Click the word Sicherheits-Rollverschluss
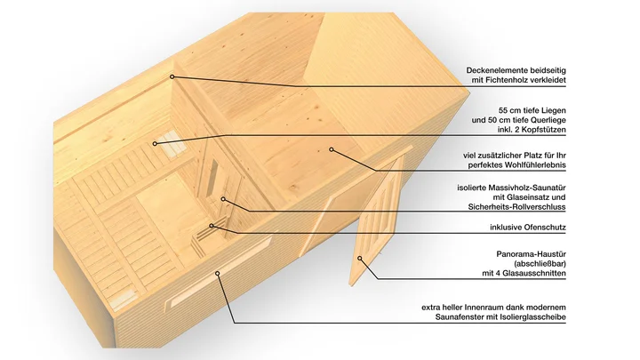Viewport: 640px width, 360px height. tap(516, 207)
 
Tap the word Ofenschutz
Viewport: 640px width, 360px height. tap(546, 228)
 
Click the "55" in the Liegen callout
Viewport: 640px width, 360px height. tap(503, 110)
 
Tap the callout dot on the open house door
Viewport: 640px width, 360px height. tap(360, 259)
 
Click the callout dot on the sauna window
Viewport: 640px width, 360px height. tap(218, 274)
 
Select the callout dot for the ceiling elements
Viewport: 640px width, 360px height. tap(172, 76)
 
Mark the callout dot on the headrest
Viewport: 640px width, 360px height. tap(155, 144)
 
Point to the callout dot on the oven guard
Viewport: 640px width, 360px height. tap(212, 226)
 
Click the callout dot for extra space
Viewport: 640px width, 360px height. tap(332, 150)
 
